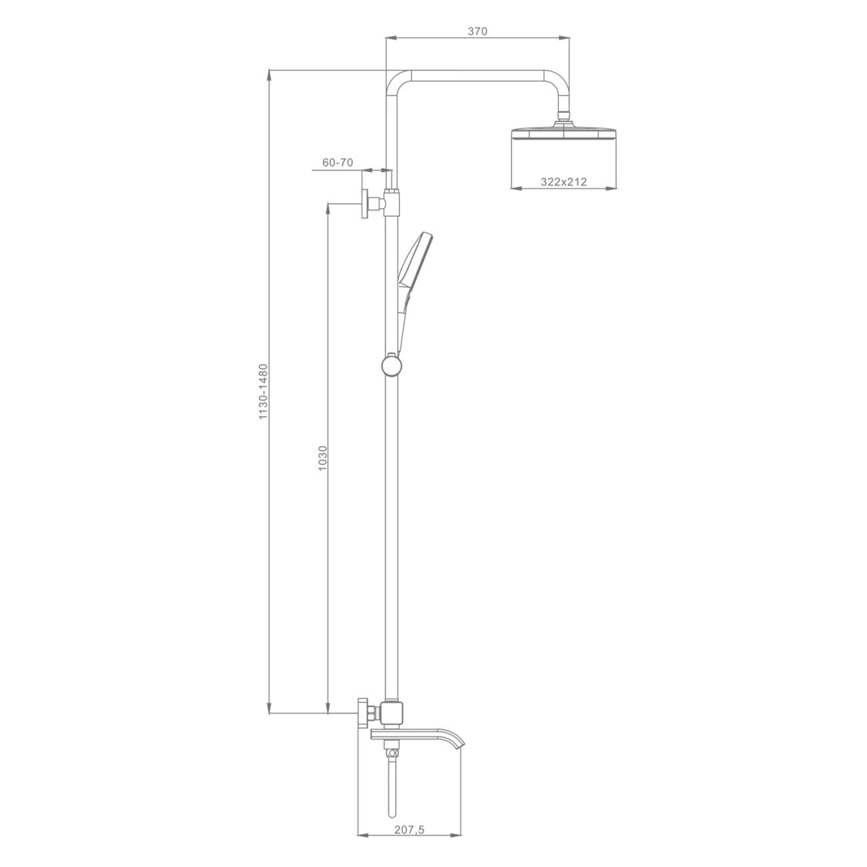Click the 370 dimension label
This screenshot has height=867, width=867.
click(x=478, y=31)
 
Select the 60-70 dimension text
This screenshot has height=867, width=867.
click(x=337, y=163)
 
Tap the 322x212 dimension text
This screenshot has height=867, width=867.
click(x=564, y=182)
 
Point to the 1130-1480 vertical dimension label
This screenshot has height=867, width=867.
click(x=263, y=392)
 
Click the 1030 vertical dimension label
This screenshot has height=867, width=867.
click(x=322, y=458)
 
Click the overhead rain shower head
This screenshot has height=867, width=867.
click(x=564, y=134)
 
